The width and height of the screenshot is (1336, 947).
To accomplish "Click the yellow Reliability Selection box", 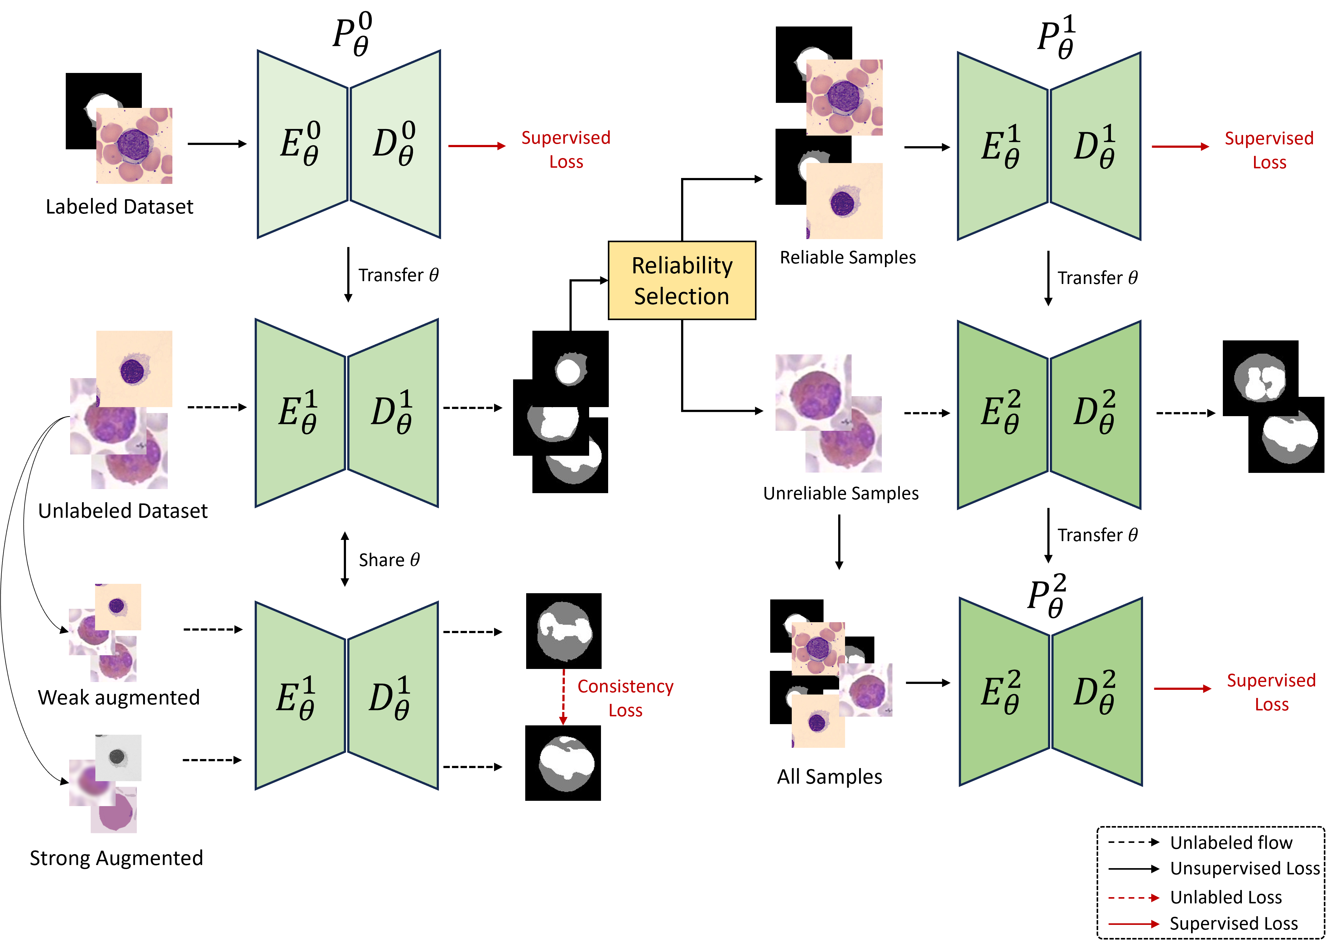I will (682, 281).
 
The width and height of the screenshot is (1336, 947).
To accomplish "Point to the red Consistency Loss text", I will (625, 698).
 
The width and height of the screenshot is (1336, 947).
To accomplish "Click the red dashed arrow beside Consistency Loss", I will (563, 697).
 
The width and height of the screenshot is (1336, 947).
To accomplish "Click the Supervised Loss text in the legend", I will (1233, 924).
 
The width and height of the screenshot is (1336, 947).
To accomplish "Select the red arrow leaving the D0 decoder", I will (476, 146).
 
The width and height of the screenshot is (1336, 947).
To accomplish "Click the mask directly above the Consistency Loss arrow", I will (565, 632).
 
